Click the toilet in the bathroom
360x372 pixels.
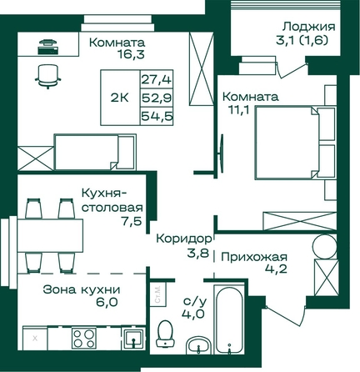(x=165, y=333)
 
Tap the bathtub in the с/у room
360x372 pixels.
(x=229, y=319)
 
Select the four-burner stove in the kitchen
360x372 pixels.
(x=84, y=338)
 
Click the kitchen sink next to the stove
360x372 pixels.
(x=133, y=337)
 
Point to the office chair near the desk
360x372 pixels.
(x=47, y=76)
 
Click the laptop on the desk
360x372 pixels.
(x=48, y=47)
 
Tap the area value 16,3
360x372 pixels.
(x=131, y=54)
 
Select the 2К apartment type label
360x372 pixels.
(x=120, y=98)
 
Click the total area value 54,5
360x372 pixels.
(x=157, y=116)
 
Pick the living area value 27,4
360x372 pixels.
(x=157, y=79)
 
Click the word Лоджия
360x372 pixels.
(x=309, y=27)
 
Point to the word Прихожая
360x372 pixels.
(x=254, y=257)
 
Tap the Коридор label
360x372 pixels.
(x=184, y=239)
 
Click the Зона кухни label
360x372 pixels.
(x=82, y=289)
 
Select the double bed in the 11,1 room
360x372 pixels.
(x=295, y=143)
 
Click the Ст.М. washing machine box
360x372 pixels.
(x=157, y=294)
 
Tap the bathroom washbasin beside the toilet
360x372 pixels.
(x=198, y=345)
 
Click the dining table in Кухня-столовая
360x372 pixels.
(x=50, y=235)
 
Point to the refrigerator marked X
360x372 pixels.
(x=35, y=339)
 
